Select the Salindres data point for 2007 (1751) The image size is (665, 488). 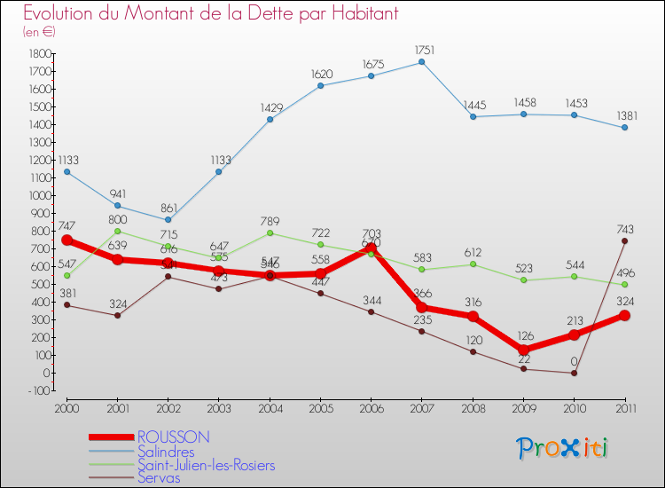(421, 62)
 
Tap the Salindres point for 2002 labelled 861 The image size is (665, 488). (168, 220)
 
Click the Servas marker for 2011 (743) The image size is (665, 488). (625, 240)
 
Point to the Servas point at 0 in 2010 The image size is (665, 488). (574, 373)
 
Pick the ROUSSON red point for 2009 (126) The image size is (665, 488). (523, 350)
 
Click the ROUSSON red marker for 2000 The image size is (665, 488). (67, 240)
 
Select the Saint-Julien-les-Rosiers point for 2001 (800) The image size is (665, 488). (118, 231)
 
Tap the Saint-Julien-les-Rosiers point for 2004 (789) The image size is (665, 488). (270, 232)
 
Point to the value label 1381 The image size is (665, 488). (624, 116)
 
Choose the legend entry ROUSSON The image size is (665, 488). (174, 437)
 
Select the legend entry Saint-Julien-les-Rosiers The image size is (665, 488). (206, 465)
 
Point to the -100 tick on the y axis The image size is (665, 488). (37, 390)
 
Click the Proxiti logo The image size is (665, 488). (563, 448)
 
